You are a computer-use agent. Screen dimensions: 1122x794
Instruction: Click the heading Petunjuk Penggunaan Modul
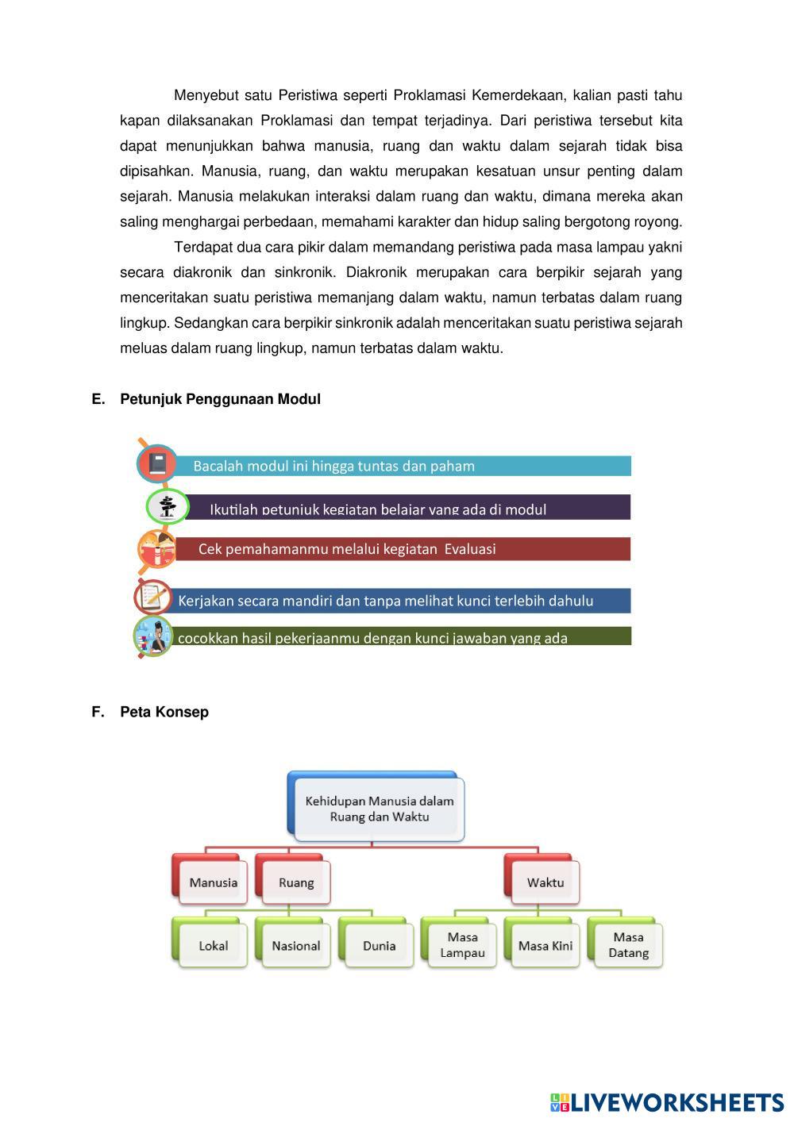point(220,399)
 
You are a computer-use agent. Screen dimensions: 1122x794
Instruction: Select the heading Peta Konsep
point(164,712)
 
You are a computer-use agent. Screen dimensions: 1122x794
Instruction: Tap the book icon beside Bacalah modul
point(156,463)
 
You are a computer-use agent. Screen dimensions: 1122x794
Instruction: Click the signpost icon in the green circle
point(168,506)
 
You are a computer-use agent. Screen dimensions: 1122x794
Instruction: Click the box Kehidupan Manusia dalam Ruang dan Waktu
point(379,809)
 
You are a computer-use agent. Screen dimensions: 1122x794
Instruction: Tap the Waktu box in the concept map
point(545,882)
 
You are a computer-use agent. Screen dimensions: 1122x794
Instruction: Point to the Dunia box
point(379,945)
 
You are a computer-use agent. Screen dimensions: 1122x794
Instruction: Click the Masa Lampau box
point(462,944)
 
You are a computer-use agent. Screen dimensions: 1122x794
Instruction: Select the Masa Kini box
point(545,945)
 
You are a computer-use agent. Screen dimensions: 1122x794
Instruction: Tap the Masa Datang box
point(628,944)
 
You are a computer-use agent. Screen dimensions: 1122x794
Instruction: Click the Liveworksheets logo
point(667,1102)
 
